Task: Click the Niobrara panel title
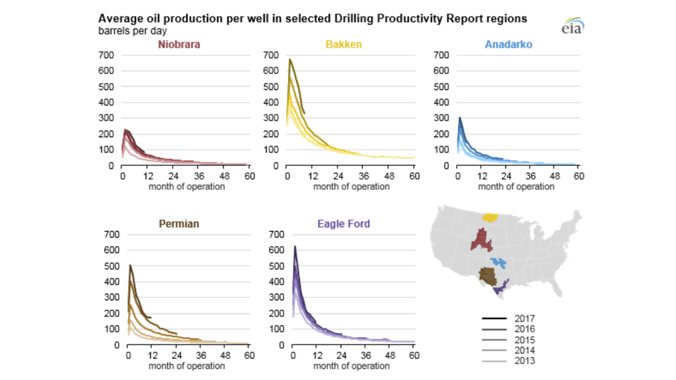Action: [x=179, y=45]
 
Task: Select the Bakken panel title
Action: [x=344, y=45]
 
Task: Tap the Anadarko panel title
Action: [x=508, y=45]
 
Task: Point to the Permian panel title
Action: [x=179, y=224]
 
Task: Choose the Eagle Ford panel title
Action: [x=344, y=224]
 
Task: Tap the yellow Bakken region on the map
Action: [x=491, y=217]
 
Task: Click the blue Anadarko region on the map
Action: [x=498, y=262]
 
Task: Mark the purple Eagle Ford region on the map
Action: [x=501, y=288]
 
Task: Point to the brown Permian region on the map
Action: [x=487, y=276]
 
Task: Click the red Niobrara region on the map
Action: [x=482, y=240]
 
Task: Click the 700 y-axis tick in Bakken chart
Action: [x=271, y=55]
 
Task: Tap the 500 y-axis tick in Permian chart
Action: [x=107, y=266]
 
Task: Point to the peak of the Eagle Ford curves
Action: [x=295, y=246]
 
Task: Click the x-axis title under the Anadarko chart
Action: [x=516, y=186]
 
